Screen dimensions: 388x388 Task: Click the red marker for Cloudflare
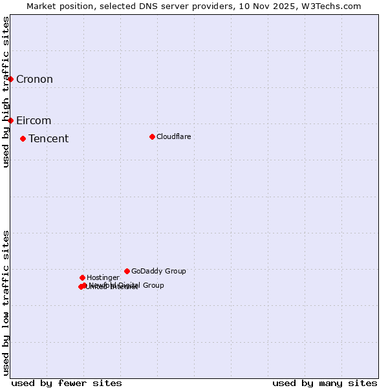(152, 136)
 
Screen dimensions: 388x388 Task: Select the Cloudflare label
(173, 136)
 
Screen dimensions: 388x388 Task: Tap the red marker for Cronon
(10, 79)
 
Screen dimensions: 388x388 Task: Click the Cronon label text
(34, 80)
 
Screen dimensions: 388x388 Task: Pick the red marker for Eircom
(10, 120)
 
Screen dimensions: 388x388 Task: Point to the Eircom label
(34, 121)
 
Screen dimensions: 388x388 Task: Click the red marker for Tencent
(23, 138)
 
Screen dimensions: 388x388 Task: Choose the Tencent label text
(48, 139)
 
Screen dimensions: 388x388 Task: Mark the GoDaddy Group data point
(127, 271)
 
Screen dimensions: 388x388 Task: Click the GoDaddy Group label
(158, 272)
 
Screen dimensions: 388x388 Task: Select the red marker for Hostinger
(82, 277)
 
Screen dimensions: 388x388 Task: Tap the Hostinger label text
(103, 278)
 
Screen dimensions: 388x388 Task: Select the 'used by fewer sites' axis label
(67, 383)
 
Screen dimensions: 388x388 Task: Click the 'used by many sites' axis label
(325, 383)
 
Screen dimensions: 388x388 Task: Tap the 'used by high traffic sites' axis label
(6, 92)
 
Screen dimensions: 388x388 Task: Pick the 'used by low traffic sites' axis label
(6, 303)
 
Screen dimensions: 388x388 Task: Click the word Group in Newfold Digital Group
(153, 285)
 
